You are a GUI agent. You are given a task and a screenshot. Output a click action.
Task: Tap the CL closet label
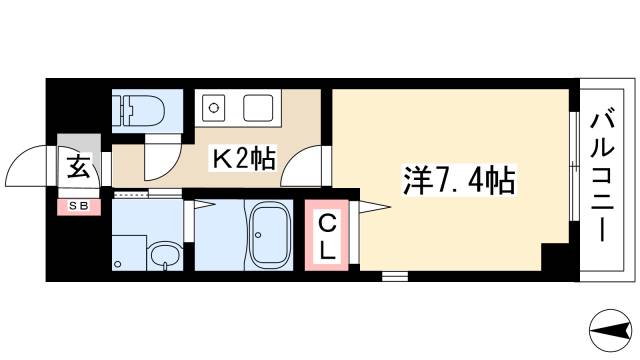click(327, 239)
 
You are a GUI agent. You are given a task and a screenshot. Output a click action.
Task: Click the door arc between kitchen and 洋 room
click(306, 166)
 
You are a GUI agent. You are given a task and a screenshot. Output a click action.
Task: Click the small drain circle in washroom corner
click(118, 265)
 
